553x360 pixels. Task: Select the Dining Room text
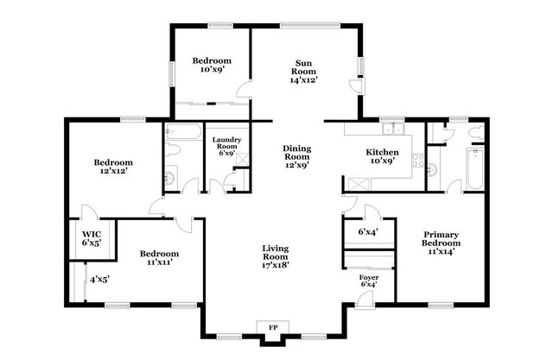pyautogui.click(x=297, y=156)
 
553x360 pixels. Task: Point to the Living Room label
pyautogui.click(x=276, y=256)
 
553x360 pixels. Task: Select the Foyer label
pyautogui.click(x=369, y=280)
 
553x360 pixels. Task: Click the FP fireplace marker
pyautogui.click(x=273, y=328)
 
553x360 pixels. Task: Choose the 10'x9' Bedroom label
pyautogui.click(x=212, y=66)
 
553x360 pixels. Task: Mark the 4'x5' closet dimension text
pyautogui.click(x=99, y=279)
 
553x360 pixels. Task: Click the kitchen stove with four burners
pyautogui.click(x=417, y=160)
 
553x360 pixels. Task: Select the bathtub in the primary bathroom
pyautogui.click(x=475, y=169)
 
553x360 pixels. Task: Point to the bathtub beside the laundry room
pyautogui.click(x=182, y=132)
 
